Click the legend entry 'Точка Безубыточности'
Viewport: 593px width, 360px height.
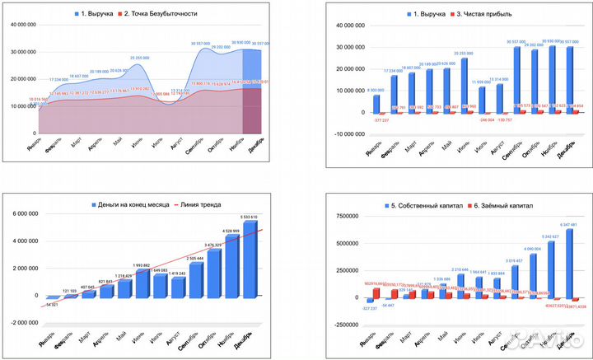point(162,14)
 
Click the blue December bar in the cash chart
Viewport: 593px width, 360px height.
point(250,258)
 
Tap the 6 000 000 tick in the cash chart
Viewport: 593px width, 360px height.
point(24,214)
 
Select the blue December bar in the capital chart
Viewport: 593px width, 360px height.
point(567,264)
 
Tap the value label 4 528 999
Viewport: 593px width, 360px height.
point(230,231)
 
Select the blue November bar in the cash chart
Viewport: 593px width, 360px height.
point(230,265)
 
